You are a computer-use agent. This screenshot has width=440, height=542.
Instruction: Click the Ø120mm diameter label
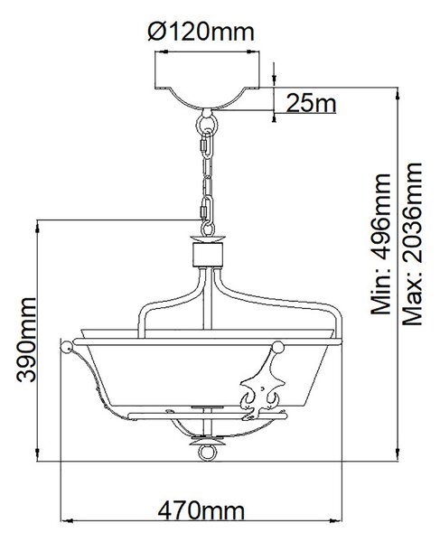pos(201,32)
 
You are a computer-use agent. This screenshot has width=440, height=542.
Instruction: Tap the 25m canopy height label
pos(311,103)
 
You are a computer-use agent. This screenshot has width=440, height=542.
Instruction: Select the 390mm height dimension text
pos(26,340)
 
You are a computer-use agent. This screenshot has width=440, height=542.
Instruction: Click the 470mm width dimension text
pos(201,510)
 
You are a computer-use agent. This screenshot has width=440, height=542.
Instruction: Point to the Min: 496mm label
pos(380,244)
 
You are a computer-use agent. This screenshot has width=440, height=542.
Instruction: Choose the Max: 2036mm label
pos(412,244)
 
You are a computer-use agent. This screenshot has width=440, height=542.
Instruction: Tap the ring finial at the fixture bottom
pos(208,453)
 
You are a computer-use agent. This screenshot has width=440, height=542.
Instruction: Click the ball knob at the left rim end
pos(66,347)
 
